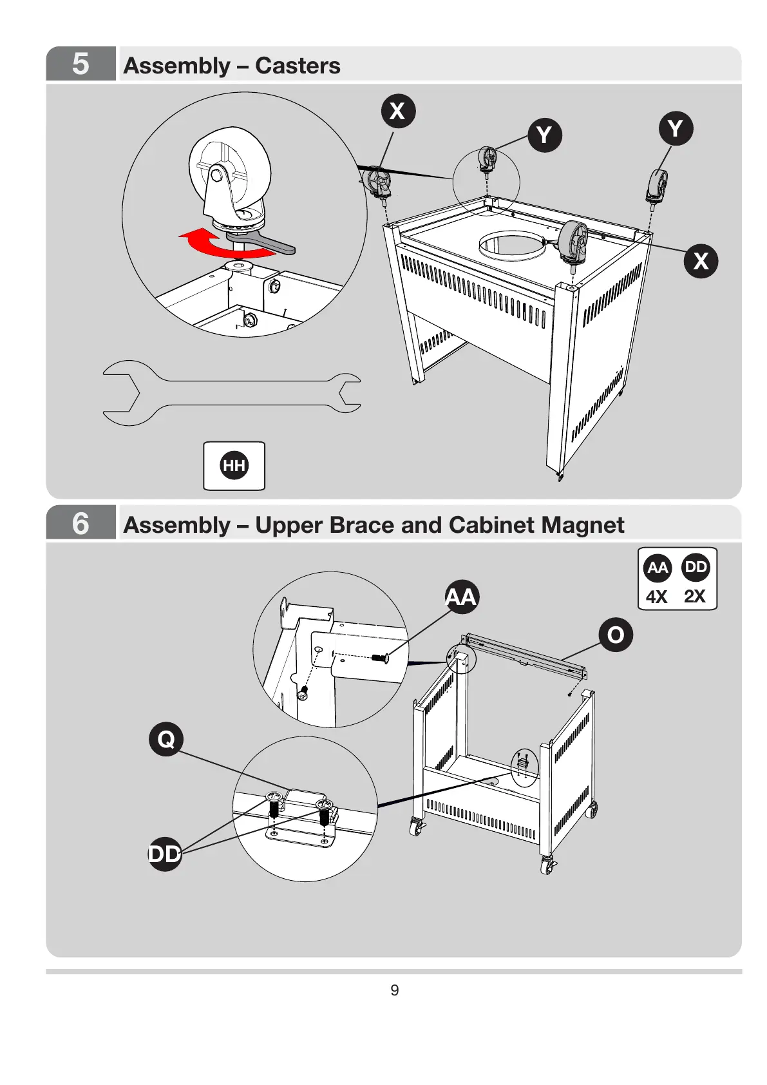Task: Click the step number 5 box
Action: [80, 64]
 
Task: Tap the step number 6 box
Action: [80, 523]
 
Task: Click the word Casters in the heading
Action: [298, 66]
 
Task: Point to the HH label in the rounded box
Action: [234, 465]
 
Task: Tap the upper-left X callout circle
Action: [398, 111]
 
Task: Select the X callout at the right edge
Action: [701, 260]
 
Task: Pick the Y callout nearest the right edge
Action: [675, 128]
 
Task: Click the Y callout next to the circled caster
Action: [545, 135]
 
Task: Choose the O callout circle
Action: [616, 635]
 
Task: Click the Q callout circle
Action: [166, 739]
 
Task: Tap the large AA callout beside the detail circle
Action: [462, 597]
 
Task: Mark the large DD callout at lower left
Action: [165, 854]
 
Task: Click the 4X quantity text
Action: [657, 597]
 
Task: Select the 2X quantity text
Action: [695, 597]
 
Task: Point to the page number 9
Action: [395, 990]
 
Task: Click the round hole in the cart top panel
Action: [512, 245]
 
